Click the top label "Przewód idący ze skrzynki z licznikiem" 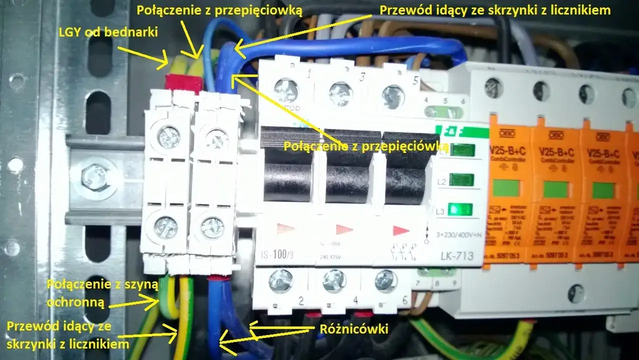coord(495,9)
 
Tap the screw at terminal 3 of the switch coord(338,93)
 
